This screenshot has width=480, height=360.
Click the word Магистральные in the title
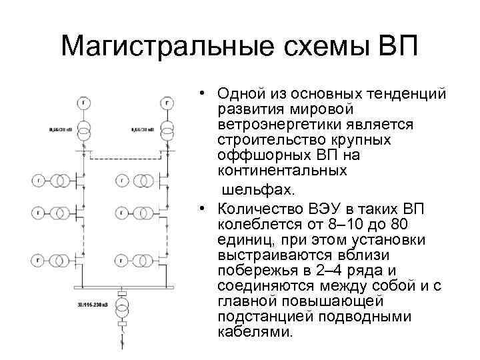click(151, 47)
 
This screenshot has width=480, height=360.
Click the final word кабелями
click(255, 331)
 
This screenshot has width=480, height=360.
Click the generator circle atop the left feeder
click(84, 103)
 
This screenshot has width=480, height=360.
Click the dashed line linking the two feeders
click(124, 159)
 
